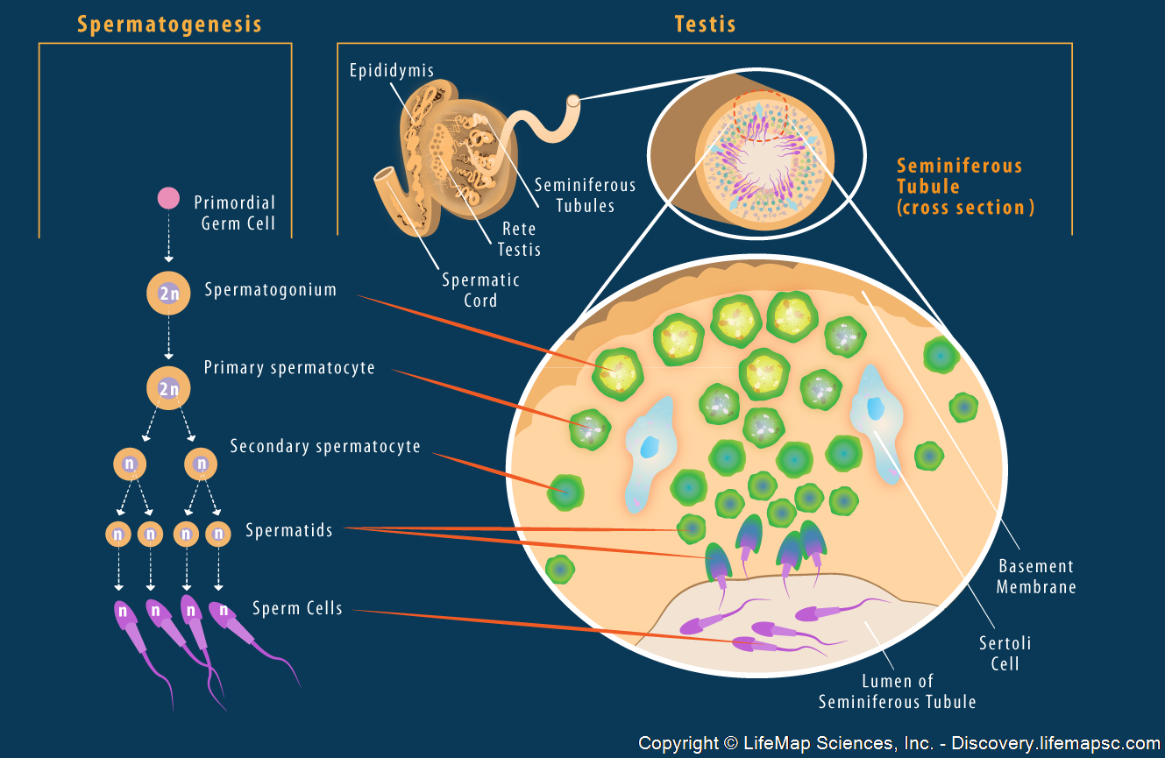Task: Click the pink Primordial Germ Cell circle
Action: point(168,198)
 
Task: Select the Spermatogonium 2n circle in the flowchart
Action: point(168,294)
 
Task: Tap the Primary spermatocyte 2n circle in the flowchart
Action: point(168,388)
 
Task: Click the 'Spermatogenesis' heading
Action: point(169,24)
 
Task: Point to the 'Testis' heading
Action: point(705,24)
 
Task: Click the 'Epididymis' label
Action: point(392,71)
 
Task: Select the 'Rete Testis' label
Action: point(519,239)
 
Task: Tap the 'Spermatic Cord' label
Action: point(481,290)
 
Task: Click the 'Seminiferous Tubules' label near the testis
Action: point(585,195)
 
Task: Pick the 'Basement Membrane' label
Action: point(1036,577)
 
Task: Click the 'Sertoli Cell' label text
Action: point(1005,653)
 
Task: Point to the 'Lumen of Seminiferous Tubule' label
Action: point(897,691)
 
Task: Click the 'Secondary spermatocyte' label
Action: point(325,447)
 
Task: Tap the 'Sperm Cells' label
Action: point(297,608)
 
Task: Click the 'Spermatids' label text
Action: point(289,530)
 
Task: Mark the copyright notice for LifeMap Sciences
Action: point(899,743)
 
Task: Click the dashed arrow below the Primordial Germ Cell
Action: point(168,241)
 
